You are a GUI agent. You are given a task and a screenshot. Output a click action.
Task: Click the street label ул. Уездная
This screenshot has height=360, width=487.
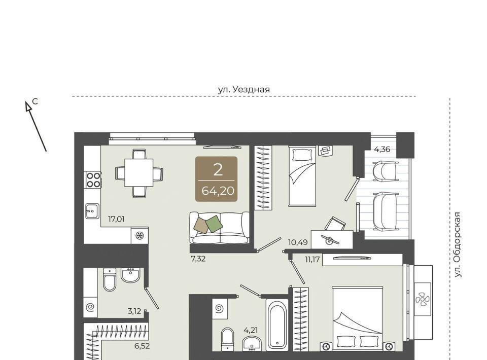[244, 90]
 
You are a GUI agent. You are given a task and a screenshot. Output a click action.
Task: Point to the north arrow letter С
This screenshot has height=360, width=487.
[36, 101]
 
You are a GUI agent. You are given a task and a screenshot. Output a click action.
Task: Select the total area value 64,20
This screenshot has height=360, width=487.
[218, 191]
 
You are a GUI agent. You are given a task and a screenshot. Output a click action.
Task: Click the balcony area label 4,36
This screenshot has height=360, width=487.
[382, 149]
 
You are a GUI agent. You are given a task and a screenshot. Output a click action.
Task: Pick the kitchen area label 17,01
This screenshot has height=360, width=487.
[116, 220]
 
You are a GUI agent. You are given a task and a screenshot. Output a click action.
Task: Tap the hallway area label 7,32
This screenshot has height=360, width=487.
[198, 259]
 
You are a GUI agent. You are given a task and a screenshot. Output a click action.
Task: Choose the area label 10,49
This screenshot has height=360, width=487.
[298, 242]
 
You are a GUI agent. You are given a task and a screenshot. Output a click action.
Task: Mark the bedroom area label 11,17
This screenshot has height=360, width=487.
[312, 259]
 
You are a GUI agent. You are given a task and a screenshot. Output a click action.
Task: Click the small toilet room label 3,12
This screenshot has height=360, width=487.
[134, 311]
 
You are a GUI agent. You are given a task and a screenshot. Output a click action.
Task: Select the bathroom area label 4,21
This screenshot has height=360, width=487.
[251, 330]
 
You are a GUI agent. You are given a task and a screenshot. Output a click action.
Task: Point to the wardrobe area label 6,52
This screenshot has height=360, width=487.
[142, 346]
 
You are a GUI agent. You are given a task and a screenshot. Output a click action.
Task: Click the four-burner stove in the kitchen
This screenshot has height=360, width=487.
[93, 180]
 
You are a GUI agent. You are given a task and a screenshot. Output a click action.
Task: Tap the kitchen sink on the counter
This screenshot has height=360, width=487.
[92, 211]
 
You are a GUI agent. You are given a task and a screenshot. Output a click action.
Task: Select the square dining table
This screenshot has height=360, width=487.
[139, 172]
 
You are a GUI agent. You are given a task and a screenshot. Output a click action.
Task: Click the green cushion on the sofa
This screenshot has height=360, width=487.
[214, 224]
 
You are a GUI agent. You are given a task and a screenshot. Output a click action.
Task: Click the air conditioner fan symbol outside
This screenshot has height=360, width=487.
[423, 300]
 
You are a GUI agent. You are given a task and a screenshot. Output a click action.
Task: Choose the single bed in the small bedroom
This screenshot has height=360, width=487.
[302, 175]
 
